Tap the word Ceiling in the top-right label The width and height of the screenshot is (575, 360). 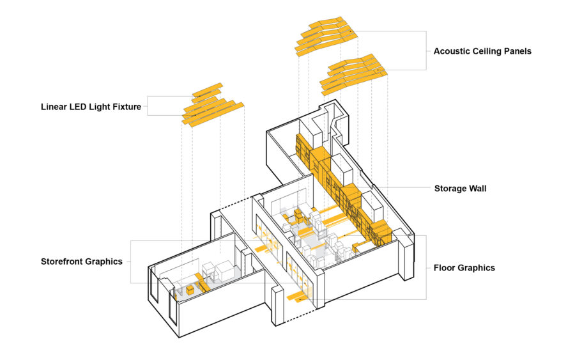pyautogui.click(x=492, y=51)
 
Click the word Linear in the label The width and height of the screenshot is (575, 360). pyautogui.click(x=55, y=107)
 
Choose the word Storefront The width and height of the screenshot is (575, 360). pyautogui.click(x=65, y=262)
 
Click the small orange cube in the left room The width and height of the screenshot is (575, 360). pyautogui.click(x=190, y=290)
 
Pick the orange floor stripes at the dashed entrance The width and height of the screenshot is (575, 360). pyautogui.click(x=298, y=295)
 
